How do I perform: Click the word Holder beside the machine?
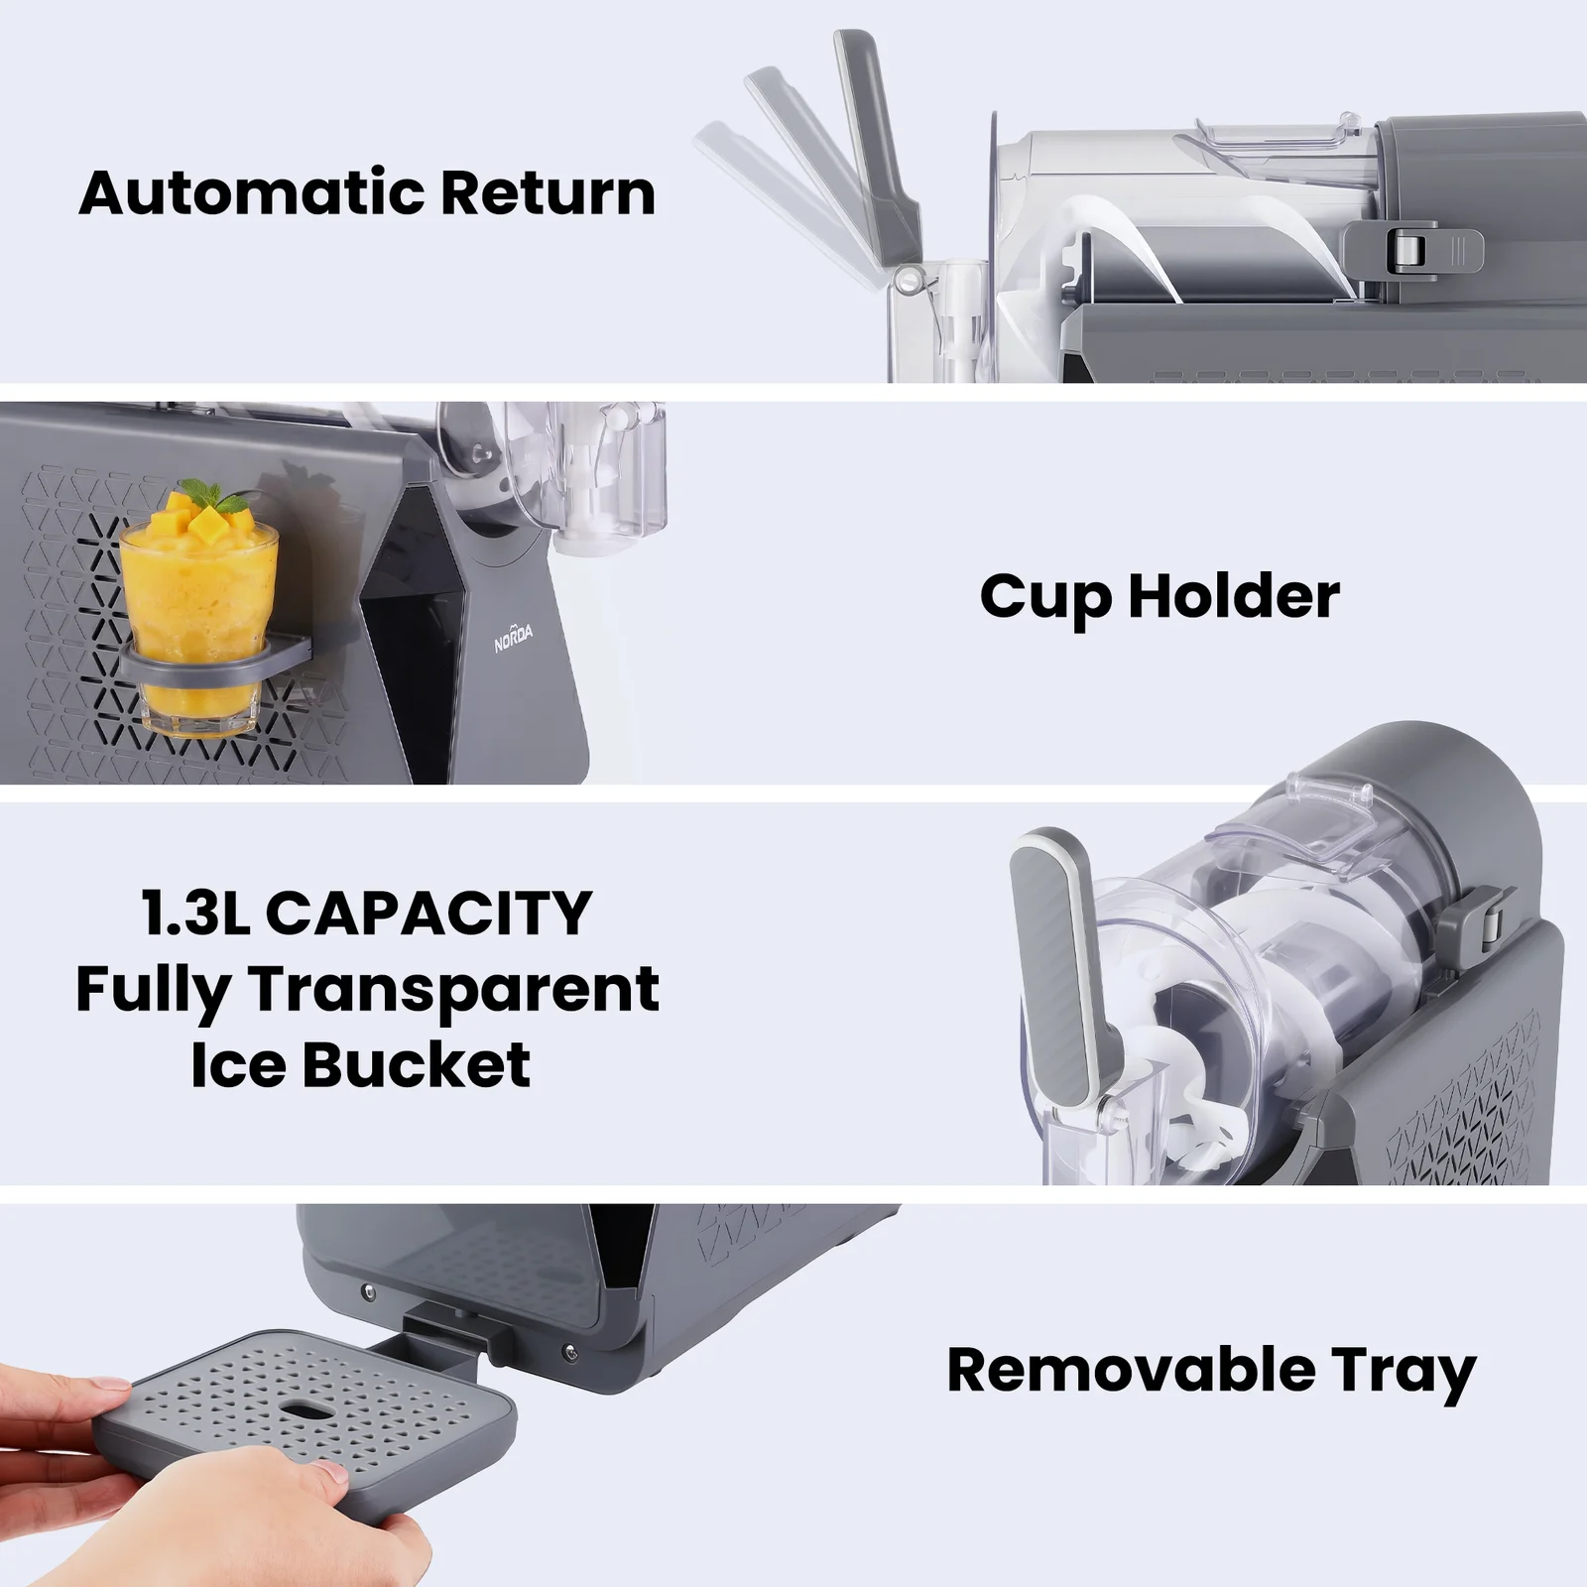click(x=1234, y=596)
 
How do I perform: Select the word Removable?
click(x=1132, y=1370)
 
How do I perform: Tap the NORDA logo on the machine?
click(x=514, y=640)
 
